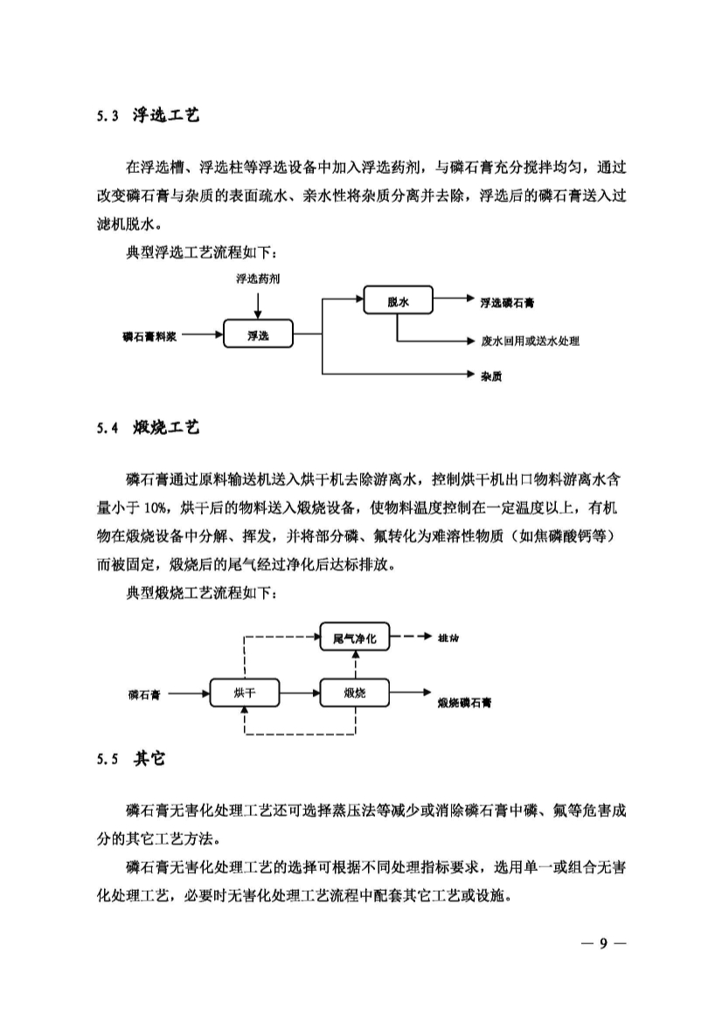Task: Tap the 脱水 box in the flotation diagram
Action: [x=399, y=302]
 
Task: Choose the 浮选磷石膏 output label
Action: [x=509, y=303]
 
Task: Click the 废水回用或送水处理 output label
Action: [x=530, y=341]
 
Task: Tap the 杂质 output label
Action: [x=490, y=377]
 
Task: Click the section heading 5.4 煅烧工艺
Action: [x=148, y=428]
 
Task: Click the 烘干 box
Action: [x=245, y=693]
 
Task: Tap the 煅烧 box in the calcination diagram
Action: [x=355, y=693]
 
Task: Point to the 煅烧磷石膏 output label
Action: [x=464, y=701]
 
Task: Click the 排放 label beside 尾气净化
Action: [x=448, y=638]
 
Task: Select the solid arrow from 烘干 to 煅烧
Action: [x=298, y=693]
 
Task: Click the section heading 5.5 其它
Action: [x=131, y=759]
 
